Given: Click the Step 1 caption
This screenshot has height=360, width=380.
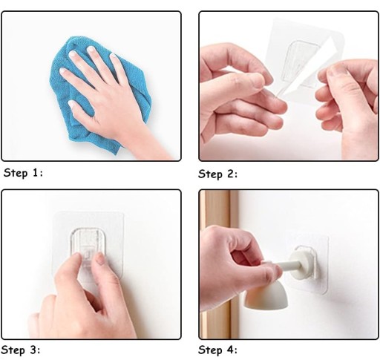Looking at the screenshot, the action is click(23, 172).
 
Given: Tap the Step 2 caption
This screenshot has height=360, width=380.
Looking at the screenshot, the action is click(217, 174).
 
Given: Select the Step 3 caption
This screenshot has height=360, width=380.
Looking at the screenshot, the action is click(22, 350).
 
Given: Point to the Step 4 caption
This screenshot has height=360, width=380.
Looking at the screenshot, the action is click(217, 350).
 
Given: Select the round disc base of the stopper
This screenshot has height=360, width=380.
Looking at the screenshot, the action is click(302, 265).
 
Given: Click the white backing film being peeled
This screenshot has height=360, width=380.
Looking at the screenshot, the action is click(309, 69).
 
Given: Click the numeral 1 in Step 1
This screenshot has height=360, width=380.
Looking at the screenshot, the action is click(35, 172).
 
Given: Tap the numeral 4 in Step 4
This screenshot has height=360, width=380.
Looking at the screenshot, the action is click(229, 350).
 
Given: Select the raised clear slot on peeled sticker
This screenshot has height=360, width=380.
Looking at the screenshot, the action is click(301, 63).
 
